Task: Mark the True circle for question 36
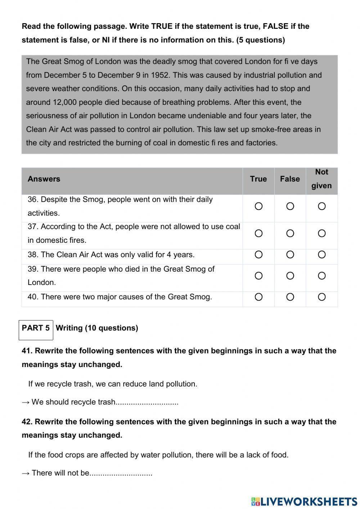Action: pyautogui.click(x=258, y=206)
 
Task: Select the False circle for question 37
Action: pyautogui.click(x=290, y=233)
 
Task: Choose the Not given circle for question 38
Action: pyautogui.click(x=322, y=255)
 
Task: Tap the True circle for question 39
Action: pyautogui.click(x=258, y=276)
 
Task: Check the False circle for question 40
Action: pyautogui.click(x=290, y=297)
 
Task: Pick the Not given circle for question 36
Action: pyautogui.click(x=322, y=206)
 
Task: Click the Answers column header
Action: pyautogui.click(x=44, y=179)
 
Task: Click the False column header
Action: pyautogui.click(x=290, y=179)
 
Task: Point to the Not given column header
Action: pyautogui.click(x=321, y=179)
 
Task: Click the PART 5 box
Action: pyautogui.click(x=36, y=328)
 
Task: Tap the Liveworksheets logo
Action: pyautogui.click(x=304, y=501)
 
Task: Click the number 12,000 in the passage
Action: pyautogui.click(x=64, y=102)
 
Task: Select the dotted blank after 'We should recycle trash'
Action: pyautogui.click(x=147, y=402)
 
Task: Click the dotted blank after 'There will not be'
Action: pyautogui.click(x=121, y=473)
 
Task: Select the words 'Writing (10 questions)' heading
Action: pyautogui.click(x=97, y=328)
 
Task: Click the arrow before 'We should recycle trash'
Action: pyautogui.click(x=26, y=402)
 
